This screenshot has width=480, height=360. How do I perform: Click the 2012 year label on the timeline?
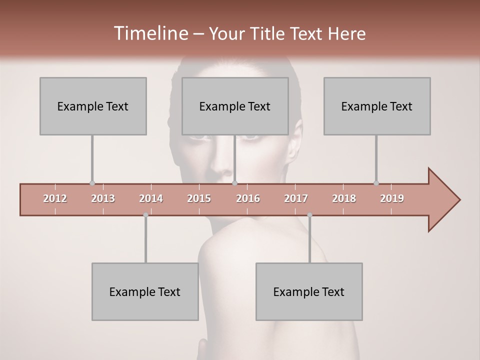tap(55, 199)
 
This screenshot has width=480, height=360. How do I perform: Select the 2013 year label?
tap(103, 199)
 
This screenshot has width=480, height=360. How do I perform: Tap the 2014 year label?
tap(151, 199)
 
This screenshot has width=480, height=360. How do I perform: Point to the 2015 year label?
tap(199, 199)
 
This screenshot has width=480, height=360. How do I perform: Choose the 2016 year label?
tap(248, 199)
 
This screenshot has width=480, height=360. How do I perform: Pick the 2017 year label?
tap(296, 199)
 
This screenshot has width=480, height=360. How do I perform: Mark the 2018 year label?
tap(344, 199)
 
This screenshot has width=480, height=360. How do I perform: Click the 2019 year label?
tap(392, 199)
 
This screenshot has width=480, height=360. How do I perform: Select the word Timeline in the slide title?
tap(150, 33)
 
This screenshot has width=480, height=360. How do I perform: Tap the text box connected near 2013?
tap(93, 106)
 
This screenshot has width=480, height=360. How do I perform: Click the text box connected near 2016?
tap(235, 106)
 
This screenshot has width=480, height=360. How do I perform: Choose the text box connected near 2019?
tap(377, 106)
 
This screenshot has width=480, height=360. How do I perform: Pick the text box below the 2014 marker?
tap(145, 291)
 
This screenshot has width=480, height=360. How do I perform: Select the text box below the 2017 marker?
tap(309, 291)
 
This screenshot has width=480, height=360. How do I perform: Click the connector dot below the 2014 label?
tap(145, 215)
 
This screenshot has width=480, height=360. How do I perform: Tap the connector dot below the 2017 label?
tap(309, 215)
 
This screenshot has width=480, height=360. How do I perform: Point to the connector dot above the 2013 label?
tap(92, 183)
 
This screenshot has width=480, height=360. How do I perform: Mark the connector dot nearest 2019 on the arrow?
tap(376, 183)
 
